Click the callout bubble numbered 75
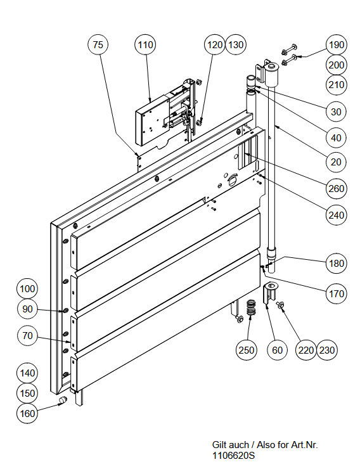98,45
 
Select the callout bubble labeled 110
145,45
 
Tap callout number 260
336,188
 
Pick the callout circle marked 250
247,350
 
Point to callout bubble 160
27,413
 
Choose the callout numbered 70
27,335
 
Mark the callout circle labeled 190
336,45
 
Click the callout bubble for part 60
277,350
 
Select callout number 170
336,293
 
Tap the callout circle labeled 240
336,215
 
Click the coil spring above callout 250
251,308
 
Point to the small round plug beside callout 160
63,401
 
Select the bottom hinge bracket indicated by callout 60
270,293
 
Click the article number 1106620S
233,455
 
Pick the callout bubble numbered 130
236,45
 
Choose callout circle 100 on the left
27,288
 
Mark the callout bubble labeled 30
336,112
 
